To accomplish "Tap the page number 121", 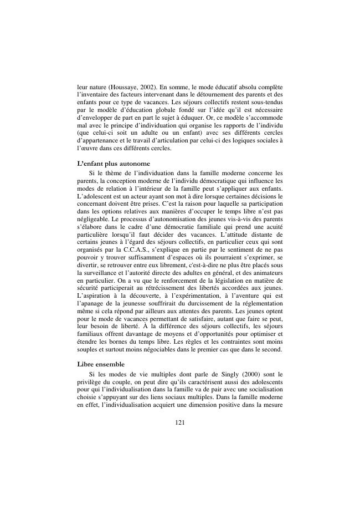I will click(x=179, y=422).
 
